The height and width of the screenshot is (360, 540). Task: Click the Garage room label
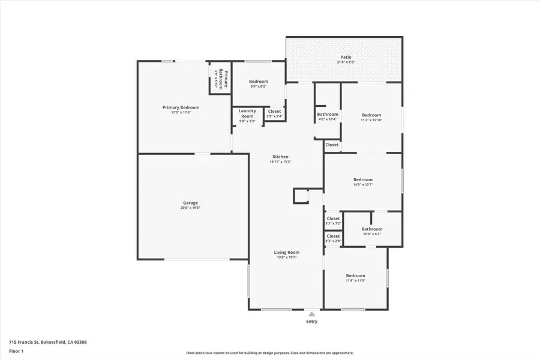pos(190,203)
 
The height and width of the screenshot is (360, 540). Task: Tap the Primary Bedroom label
pos(181,107)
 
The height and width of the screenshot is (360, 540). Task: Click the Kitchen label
pos(280,157)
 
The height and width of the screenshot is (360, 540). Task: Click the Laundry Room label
pos(247,113)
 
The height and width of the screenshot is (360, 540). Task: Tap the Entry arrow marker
pos(311,313)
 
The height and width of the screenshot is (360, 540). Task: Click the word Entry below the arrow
pos(311,322)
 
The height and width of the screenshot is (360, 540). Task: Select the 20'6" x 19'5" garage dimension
pos(190,208)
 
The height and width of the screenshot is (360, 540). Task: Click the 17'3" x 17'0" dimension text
pos(181,112)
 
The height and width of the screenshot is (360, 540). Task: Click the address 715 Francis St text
pos(47,342)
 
